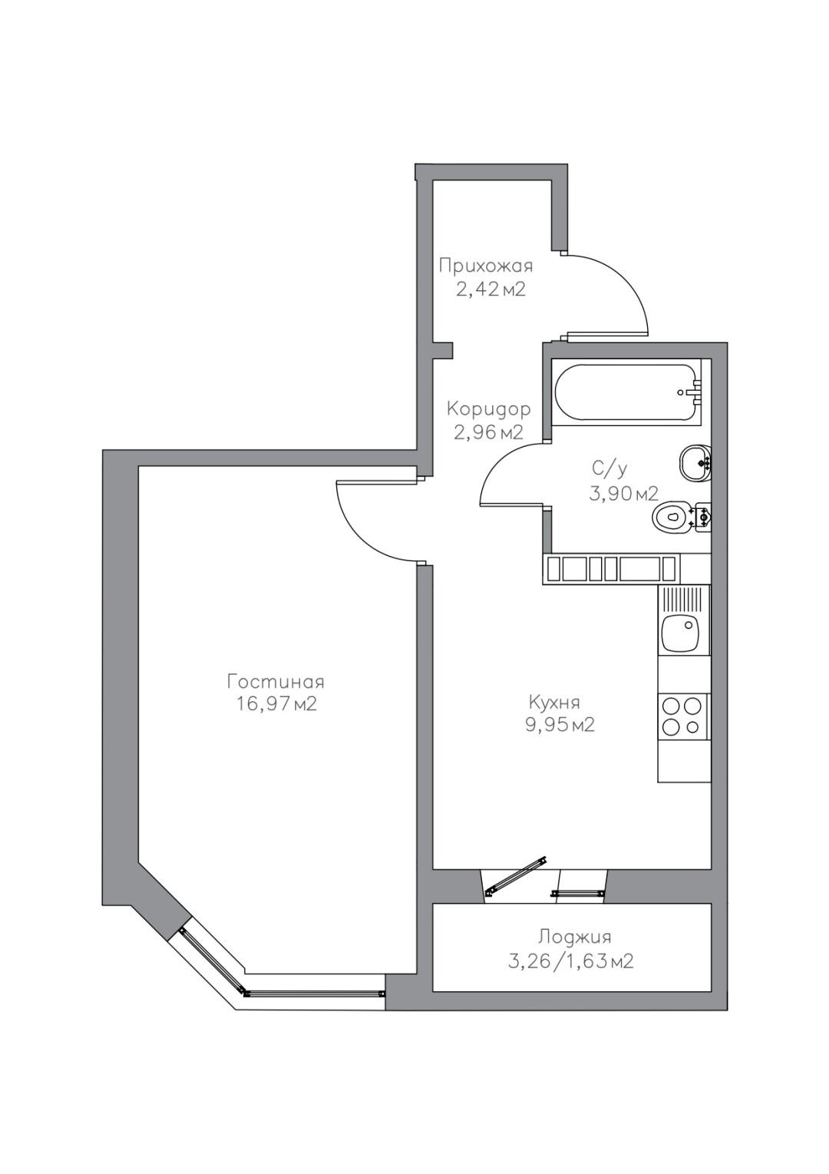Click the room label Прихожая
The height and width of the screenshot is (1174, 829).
(x=485, y=267)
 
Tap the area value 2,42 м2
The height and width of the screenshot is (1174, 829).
(x=490, y=289)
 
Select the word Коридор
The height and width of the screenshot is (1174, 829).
(x=488, y=409)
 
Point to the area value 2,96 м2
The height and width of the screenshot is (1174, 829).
(x=488, y=432)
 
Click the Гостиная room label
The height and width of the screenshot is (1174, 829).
(x=276, y=682)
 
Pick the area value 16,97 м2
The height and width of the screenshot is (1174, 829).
(x=276, y=704)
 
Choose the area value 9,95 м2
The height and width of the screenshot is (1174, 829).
(x=559, y=725)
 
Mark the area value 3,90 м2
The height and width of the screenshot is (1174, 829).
(x=623, y=493)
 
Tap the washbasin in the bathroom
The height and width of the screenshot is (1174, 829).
(x=695, y=461)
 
